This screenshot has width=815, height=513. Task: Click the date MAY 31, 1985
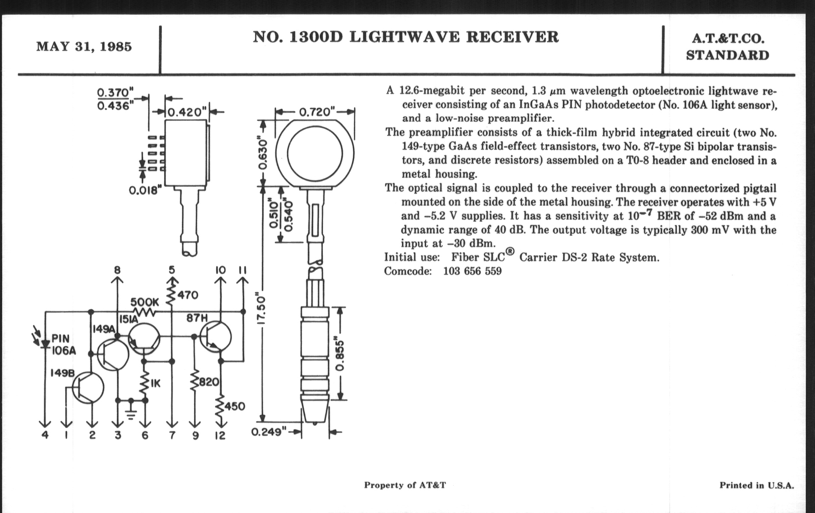[84, 47]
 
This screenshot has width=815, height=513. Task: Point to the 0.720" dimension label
[317, 111]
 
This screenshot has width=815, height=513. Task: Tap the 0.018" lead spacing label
[143, 190]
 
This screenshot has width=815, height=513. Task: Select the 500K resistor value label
[144, 302]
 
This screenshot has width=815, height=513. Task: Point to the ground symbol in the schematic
[131, 411]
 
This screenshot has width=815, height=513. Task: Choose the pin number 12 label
[220, 435]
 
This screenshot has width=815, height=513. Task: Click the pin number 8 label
[117, 270]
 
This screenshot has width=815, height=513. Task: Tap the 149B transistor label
[62, 373]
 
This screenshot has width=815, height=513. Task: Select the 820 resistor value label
[209, 382]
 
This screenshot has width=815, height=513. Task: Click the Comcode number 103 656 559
[472, 271]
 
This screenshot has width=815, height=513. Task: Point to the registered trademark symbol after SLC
[510, 251]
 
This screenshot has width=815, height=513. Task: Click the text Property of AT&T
[405, 485]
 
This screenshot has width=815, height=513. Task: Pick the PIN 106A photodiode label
[63, 344]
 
